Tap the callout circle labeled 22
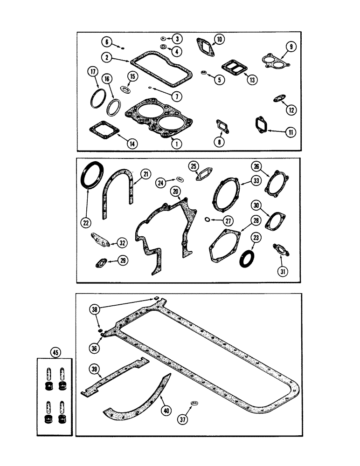tap(85, 223)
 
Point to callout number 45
tap(56, 353)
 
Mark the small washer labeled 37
tap(195, 402)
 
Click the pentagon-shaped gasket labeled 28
tap(226, 244)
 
